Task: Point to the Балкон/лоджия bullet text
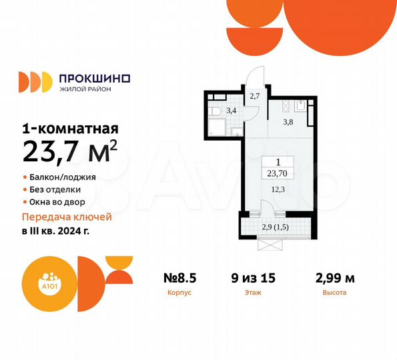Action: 63,178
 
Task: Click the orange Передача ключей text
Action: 67,217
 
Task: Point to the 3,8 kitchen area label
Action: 288,122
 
